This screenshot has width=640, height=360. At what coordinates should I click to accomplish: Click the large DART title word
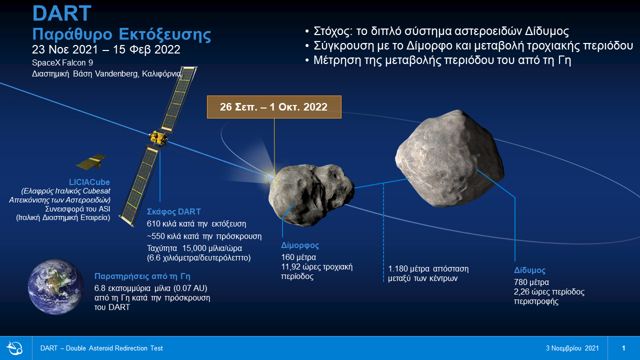61,13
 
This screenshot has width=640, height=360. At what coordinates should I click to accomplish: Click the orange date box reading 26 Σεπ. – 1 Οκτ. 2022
274,107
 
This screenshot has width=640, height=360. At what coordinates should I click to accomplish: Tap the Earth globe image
56,286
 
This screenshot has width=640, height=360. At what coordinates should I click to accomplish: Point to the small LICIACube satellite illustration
91,161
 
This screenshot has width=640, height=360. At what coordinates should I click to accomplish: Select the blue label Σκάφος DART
173,211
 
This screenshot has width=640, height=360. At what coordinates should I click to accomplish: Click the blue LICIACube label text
89,182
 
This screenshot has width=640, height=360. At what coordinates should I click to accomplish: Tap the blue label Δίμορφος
300,245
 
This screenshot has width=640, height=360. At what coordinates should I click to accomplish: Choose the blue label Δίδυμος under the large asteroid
529,270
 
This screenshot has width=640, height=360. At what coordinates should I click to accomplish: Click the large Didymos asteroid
449,158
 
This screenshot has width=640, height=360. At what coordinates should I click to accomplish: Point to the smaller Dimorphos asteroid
311,195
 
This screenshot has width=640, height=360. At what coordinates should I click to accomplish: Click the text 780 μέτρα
531,282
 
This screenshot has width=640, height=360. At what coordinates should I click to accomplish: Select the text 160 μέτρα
298,257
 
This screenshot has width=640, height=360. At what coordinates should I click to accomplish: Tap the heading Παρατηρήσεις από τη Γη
142,276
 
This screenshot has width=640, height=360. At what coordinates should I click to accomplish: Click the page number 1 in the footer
623,348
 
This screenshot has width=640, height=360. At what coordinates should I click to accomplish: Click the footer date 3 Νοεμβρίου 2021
572,348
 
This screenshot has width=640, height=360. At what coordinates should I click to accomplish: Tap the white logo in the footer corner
14,348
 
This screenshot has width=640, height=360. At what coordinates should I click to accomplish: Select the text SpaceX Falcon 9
62,62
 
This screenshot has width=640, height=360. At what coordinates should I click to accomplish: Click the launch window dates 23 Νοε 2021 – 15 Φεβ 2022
106,49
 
